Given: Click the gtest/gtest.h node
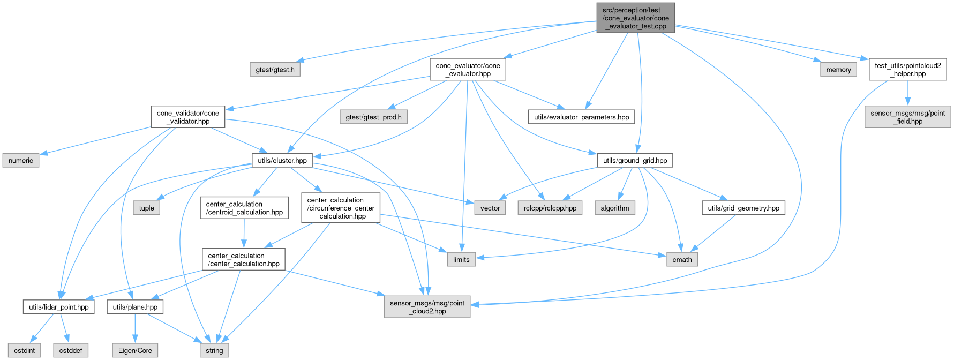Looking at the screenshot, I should [275, 70].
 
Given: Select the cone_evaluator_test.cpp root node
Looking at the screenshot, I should [635, 18].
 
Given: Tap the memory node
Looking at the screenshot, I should [838, 70].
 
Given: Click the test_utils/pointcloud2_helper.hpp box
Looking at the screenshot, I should [907, 70].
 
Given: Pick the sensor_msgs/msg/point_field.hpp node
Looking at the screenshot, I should [907, 117].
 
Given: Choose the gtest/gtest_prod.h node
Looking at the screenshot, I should [373, 117].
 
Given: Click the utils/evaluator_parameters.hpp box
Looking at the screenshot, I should [581, 117].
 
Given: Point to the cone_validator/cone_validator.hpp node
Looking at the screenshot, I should [187, 117].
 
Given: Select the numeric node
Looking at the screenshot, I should [21, 161].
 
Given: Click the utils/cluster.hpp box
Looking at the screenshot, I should [282, 161].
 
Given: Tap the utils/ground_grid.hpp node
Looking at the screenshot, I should [635, 161].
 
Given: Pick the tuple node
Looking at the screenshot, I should [146, 208].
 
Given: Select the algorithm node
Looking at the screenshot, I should [615, 208].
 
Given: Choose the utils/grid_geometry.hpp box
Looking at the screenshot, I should [743, 208].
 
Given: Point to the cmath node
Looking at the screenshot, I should [682, 260].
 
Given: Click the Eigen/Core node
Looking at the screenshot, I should [135, 351].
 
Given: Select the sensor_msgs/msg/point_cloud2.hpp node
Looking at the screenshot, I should [427, 307].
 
